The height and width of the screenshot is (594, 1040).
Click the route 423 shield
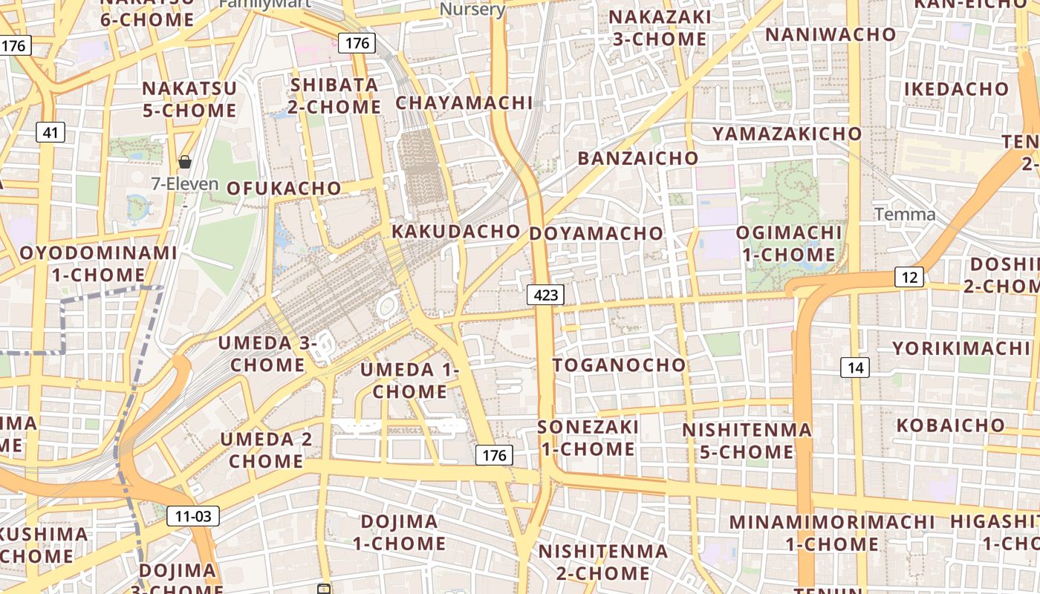546,295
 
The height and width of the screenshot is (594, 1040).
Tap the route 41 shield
51,133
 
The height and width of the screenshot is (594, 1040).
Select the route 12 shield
909,277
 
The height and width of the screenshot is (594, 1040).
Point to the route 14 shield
855,367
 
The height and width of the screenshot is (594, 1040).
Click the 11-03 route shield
193,515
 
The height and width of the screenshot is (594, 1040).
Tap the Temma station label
905,215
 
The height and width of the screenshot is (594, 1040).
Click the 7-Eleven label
185,183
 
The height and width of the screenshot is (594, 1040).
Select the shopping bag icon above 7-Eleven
185,161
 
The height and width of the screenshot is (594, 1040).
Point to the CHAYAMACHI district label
464,103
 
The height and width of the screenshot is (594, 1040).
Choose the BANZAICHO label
638,158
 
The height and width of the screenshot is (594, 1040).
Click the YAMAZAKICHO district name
787,134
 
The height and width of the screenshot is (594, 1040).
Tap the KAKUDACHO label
456,231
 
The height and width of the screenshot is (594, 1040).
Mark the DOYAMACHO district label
596,233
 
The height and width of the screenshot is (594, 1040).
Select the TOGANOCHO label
620,365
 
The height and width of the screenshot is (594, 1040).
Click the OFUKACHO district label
284,188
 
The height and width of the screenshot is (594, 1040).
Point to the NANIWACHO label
831,35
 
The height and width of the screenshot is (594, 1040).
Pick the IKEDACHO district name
957,89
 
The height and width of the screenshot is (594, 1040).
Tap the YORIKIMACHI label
961,348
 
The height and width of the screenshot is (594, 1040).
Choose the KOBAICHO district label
951,425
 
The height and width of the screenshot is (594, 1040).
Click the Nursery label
472,9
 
